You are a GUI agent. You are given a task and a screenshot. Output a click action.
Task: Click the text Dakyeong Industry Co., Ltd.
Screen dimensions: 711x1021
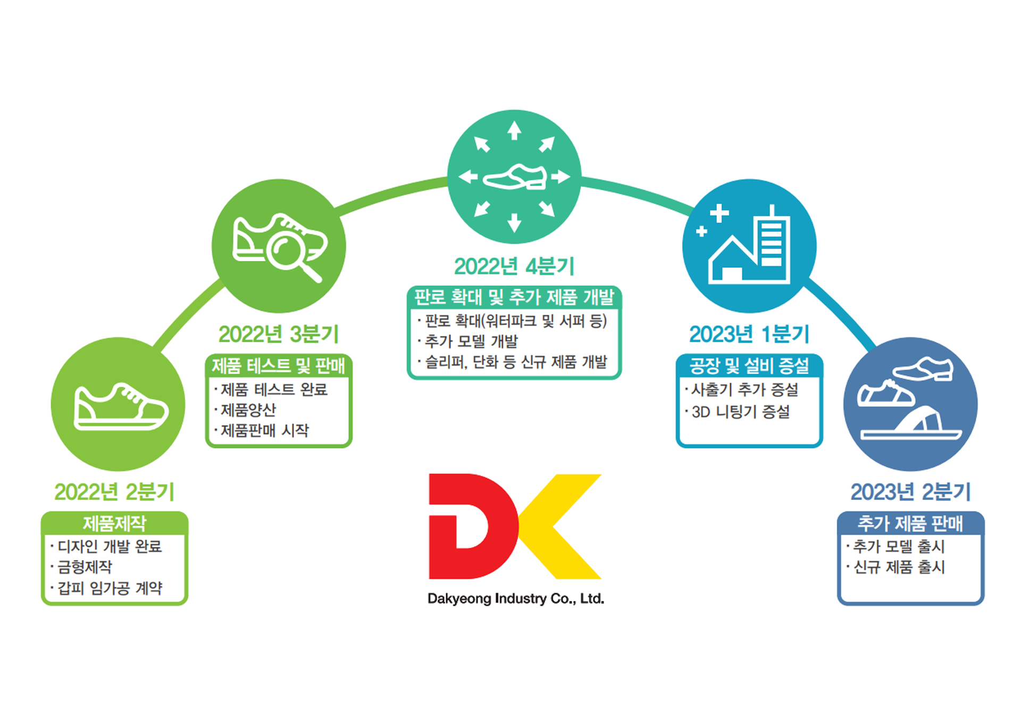tap(515, 599)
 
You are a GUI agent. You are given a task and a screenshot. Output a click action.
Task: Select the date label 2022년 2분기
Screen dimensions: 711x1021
tap(114, 492)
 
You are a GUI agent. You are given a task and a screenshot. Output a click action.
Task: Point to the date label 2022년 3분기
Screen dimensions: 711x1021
tap(278, 334)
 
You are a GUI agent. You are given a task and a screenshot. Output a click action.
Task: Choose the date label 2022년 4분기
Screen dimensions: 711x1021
tap(514, 266)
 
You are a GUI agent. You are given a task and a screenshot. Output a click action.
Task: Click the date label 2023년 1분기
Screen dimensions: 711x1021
tap(749, 334)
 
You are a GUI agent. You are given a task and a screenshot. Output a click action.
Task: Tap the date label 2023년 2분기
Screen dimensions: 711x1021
tap(910, 492)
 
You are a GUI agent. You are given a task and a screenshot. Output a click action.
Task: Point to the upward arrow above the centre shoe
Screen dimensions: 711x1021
tap(514, 131)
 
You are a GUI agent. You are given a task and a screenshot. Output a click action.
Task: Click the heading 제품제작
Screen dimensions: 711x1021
tap(114, 523)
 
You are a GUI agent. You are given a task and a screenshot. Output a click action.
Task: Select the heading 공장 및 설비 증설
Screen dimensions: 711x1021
tap(749, 366)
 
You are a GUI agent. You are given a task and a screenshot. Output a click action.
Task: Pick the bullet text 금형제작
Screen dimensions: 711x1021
tap(85, 567)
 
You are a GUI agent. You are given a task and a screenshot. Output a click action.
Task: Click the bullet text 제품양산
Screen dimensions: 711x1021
tap(248, 410)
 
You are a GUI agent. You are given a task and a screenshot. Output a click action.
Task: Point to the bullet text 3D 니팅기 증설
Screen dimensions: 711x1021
tap(740, 412)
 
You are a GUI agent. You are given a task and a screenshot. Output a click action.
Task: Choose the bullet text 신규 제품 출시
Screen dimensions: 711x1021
tap(899, 567)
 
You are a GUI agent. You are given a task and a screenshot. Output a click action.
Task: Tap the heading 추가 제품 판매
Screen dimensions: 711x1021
tap(910, 523)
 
